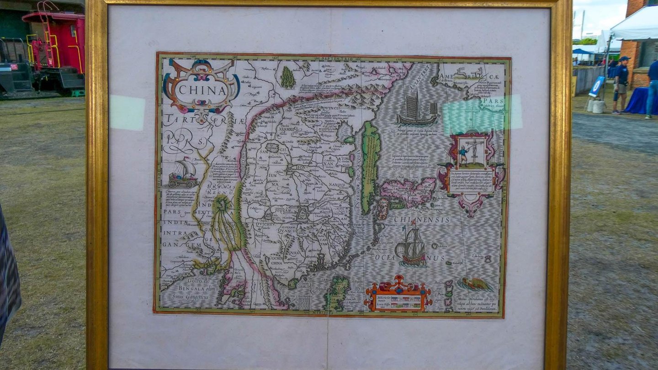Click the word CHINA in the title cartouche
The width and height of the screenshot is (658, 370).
point(202,90)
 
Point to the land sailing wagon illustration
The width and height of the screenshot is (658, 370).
point(183,174)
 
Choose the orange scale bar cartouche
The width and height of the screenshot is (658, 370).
point(398,295)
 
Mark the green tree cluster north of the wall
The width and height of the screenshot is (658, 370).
point(287,78)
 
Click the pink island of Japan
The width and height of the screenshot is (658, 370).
point(408,191)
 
